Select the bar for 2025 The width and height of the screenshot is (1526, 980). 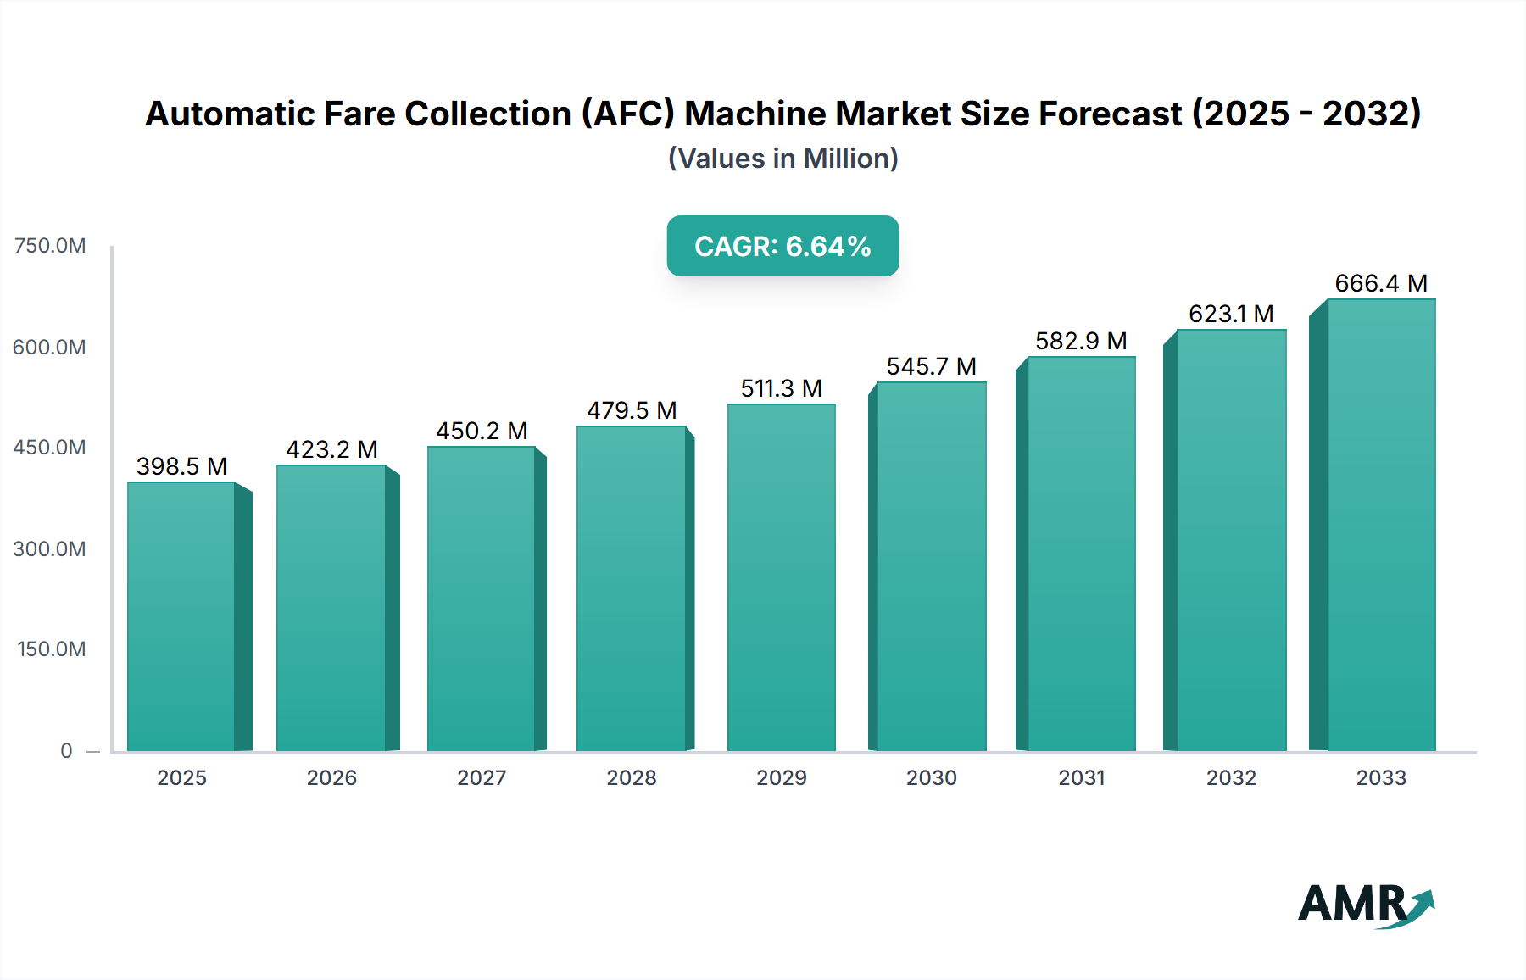181,616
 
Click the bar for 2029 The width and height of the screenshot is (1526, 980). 781,577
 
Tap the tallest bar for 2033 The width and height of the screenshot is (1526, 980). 1380,525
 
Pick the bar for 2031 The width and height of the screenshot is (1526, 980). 1081,554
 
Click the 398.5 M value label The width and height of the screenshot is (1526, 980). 181,466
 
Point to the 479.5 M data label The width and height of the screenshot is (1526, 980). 632,410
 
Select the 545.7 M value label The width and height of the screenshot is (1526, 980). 931,366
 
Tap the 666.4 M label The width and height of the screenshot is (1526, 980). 1380,283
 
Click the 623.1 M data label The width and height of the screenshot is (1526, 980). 1231,314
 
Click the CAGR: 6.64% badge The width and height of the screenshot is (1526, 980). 782,246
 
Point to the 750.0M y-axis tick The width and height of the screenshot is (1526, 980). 50,246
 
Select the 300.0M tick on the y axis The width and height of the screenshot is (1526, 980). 50,548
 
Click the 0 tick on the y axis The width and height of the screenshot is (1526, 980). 66,750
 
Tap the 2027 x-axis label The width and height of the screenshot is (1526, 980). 482,777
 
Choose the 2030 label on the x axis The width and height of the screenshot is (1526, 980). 931,777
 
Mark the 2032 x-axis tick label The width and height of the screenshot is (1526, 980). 1231,777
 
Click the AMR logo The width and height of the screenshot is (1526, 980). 1365,905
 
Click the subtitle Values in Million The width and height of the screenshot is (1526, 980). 782,159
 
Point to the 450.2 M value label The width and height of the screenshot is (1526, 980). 482,431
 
